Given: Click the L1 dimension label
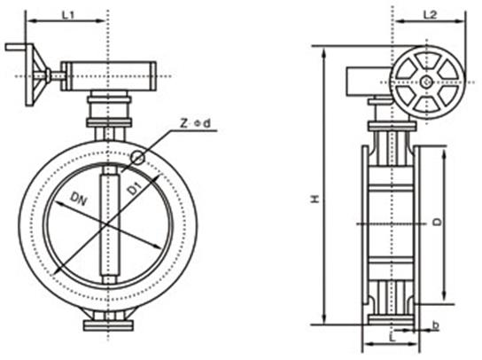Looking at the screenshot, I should click(67, 15).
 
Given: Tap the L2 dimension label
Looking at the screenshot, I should click(429, 15).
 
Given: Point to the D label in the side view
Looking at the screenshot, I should click(437, 222).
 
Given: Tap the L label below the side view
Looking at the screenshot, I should click(390, 340).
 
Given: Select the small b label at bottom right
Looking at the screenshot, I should click(435, 325).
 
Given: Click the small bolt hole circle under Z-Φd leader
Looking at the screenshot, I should click(137, 158).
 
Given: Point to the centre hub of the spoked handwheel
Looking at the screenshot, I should click(427, 82).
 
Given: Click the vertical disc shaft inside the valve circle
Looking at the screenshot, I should click(109, 225).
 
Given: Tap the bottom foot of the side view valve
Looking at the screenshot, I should click(390, 319).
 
